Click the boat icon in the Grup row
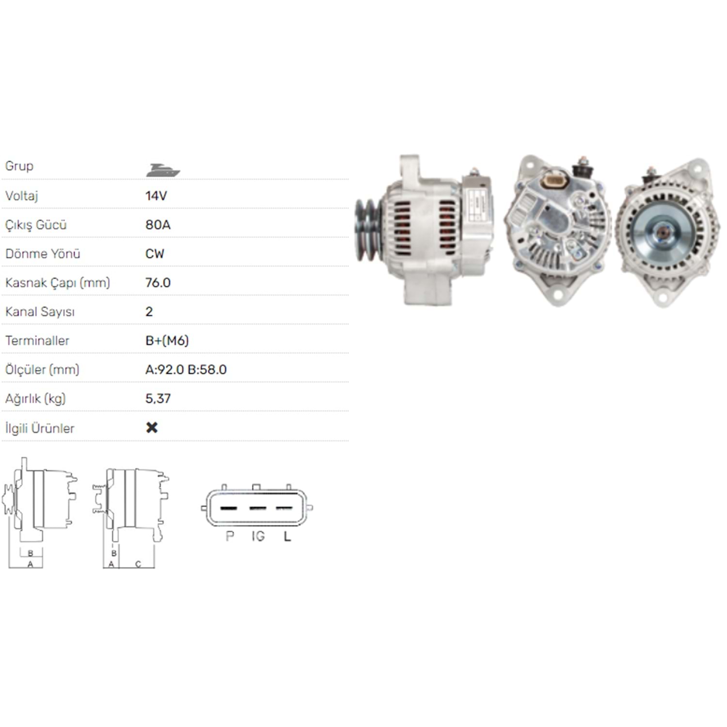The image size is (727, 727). [x=163, y=170]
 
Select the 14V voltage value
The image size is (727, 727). [x=156, y=196]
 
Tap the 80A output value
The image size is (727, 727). [x=158, y=225]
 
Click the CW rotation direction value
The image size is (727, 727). [x=155, y=253]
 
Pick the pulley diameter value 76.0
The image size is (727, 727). [x=158, y=283]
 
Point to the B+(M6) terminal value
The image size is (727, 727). [x=167, y=341]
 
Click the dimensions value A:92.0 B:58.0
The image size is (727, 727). [x=186, y=370]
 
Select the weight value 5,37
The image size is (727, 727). [x=158, y=399]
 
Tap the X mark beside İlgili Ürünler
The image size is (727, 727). [x=152, y=427]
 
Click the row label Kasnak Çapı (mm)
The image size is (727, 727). [x=58, y=283]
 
